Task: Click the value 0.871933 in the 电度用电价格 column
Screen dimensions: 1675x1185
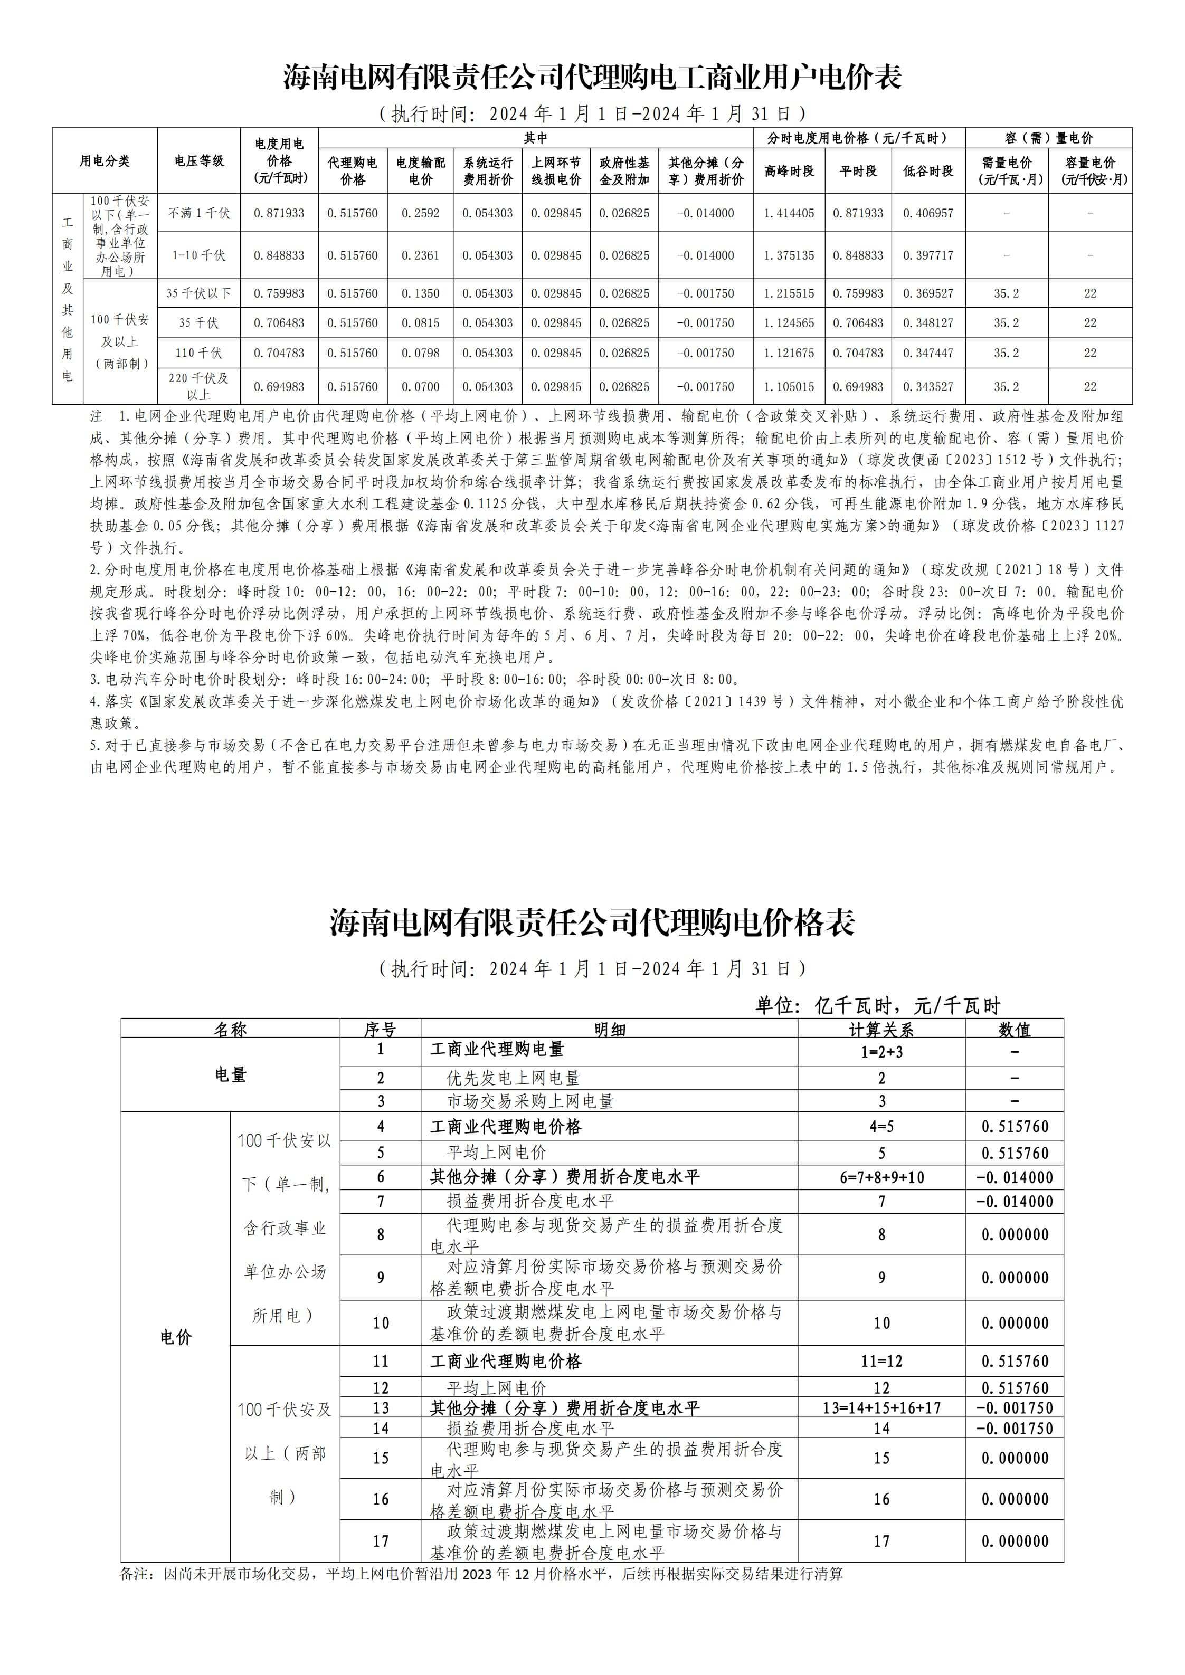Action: click(279, 213)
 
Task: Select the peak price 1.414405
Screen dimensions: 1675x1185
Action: click(789, 213)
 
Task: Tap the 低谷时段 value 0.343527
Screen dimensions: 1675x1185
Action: click(927, 387)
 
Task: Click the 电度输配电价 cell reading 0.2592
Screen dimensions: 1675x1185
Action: click(420, 213)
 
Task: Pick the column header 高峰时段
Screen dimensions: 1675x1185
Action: click(789, 170)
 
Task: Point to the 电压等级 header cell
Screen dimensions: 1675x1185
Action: click(198, 160)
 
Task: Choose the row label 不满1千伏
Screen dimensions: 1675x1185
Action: click(198, 213)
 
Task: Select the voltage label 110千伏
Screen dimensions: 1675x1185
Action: click(198, 353)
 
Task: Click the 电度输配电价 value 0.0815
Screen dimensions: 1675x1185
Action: click(420, 322)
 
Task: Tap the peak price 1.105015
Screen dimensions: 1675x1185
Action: click(789, 387)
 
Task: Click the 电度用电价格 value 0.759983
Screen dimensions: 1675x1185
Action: click(279, 293)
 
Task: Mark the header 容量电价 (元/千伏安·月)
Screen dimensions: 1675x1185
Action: click(1089, 170)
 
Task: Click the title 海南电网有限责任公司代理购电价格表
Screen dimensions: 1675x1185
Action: click(592, 923)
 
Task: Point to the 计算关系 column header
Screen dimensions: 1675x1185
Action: click(881, 1030)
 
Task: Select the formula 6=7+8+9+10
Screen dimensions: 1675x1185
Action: click(881, 1177)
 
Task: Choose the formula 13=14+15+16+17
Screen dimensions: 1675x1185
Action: click(881, 1407)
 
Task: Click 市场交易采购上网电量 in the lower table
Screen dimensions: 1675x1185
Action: click(530, 1101)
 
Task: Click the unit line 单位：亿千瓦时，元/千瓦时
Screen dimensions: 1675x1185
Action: click(877, 1006)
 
